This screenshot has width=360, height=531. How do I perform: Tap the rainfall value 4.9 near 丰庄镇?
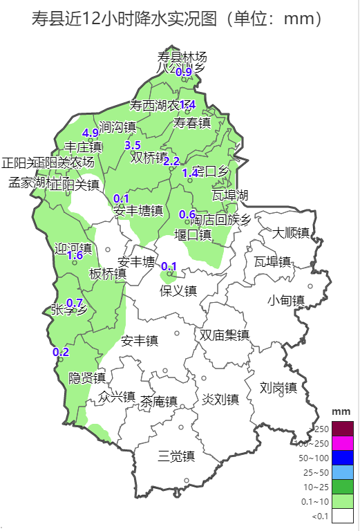[90, 133]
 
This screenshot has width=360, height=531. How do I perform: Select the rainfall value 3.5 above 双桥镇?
[132, 145]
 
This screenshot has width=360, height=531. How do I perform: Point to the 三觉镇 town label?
[176, 456]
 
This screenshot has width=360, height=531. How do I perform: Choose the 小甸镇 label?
[286, 300]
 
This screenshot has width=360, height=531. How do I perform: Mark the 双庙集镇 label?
[224, 335]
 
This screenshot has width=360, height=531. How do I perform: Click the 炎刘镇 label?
[220, 399]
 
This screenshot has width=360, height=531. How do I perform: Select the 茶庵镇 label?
[159, 401]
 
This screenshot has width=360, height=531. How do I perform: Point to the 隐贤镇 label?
[87, 378]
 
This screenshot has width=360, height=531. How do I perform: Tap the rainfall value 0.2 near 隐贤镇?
[61, 352]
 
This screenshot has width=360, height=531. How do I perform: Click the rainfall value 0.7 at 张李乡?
[75, 303]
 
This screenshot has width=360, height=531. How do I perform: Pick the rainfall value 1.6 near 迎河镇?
[75, 255]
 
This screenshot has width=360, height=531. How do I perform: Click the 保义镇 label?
[178, 290]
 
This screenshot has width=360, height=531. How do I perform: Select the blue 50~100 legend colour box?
[343, 458]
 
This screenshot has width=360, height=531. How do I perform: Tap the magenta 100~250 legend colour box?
[343, 443]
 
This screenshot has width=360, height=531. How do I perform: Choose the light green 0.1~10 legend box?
[343, 501]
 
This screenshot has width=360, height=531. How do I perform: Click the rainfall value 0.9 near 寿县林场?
[183, 72]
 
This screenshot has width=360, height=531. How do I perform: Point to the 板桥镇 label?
[108, 274]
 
